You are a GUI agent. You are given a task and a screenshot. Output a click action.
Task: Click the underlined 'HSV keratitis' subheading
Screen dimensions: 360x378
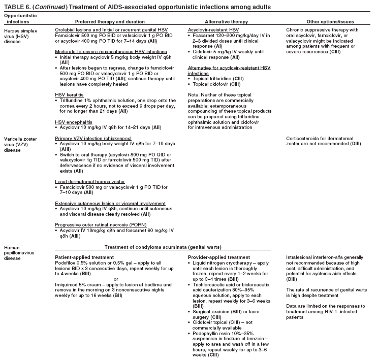coord(69,94)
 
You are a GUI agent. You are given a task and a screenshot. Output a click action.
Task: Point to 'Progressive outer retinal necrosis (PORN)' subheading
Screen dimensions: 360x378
coord(102,224)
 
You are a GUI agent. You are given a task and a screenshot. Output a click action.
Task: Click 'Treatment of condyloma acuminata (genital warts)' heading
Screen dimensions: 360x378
coord(163,247)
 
